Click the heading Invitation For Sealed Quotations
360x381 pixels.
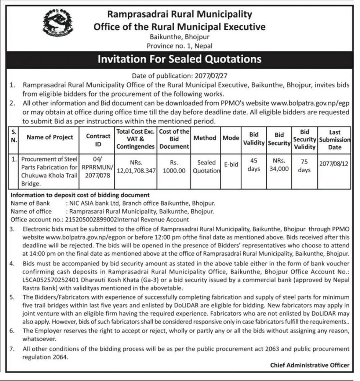[180, 59]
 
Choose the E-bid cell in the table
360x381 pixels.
[231, 165]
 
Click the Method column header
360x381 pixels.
[205, 137]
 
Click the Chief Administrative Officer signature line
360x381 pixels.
[309, 365]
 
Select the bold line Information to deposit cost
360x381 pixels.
[80, 195]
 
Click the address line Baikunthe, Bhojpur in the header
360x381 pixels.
[180, 37]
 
